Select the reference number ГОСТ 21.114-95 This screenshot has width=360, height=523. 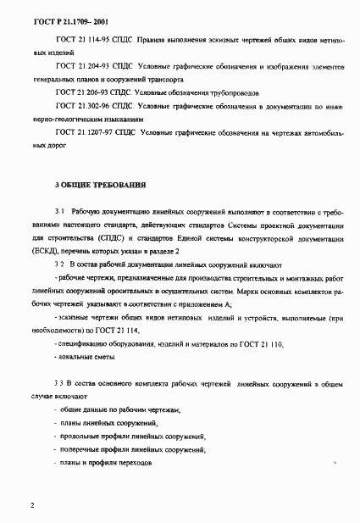click(x=80, y=37)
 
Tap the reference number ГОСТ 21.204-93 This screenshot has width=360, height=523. click(x=80, y=64)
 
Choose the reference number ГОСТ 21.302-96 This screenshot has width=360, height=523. click(x=80, y=105)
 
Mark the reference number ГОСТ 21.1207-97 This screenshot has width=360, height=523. click(x=82, y=132)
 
